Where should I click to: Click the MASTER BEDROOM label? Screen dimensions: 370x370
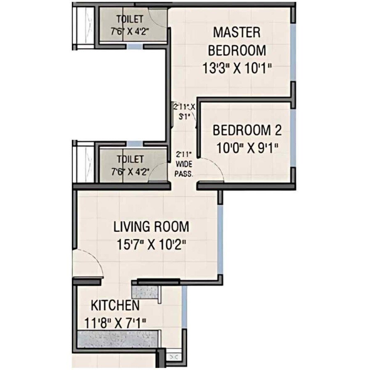pyautogui.click(x=236, y=41)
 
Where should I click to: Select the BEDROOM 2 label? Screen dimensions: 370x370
pyautogui.click(x=247, y=130)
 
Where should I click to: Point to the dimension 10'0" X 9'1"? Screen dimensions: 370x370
pyautogui.click(x=247, y=147)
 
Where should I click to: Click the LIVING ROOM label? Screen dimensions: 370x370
pyautogui.click(x=151, y=227)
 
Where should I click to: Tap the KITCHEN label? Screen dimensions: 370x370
pyautogui.click(x=115, y=305)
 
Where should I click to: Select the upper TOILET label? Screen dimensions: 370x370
pyautogui.click(x=129, y=19)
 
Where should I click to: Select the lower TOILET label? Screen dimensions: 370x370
pyautogui.click(x=129, y=159)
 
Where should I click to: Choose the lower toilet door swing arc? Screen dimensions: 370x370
pyautogui.click(x=158, y=175)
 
